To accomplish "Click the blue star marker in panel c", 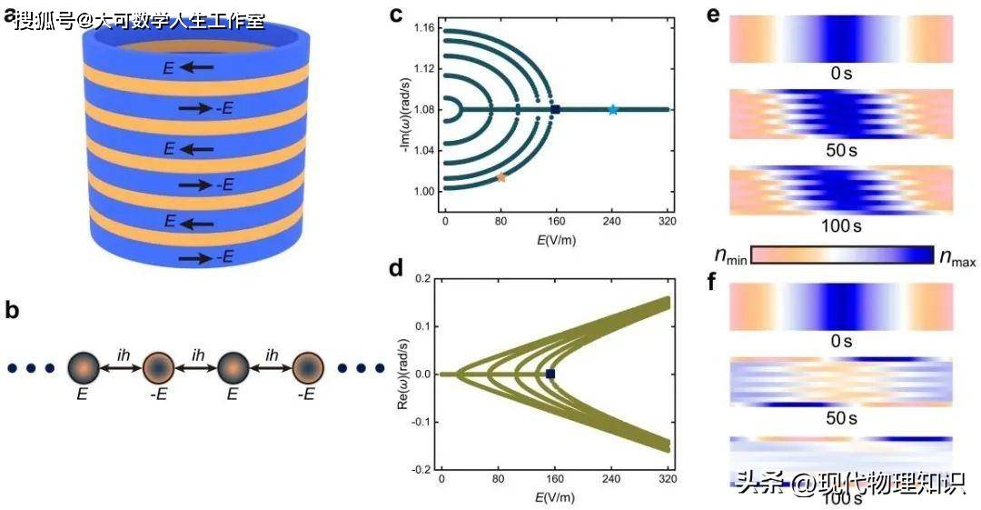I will pyautogui.click(x=613, y=110).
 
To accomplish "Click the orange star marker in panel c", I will pyautogui.click(x=500, y=178).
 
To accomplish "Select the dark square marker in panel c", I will pyautogui.click(x=556, y=110).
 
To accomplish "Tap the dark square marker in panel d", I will pyautogui.click(x=550, y=374).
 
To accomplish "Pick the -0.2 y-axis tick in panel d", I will pyautogui.click(x=421, y=468).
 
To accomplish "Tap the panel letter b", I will pyautogui.click(x=12, y=310).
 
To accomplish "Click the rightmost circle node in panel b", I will pyautogui.click(x=310, y=369).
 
